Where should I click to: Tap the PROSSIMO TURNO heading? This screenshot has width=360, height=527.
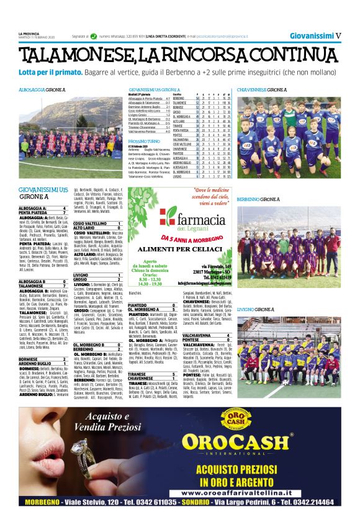145,142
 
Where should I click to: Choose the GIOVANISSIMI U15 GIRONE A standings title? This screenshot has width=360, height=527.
154,90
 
